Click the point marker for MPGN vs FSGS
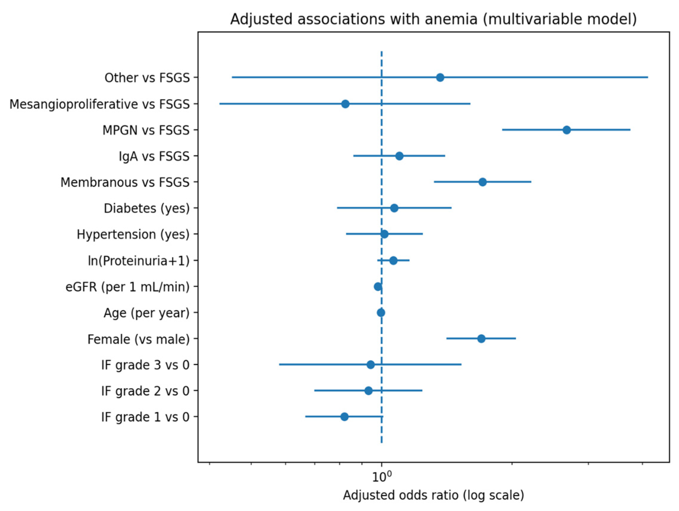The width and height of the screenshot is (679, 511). [567, 130]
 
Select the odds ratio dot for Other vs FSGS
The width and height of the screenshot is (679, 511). [440, 77]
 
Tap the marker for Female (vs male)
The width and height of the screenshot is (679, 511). [481, 338]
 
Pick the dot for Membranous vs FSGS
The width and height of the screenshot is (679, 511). [483, 182]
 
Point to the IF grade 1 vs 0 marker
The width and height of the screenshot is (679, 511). [344, 417]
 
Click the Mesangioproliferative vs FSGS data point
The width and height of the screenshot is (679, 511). [345, 104]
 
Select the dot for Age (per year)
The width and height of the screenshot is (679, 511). [381, 313]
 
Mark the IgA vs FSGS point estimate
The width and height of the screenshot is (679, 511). [399, 156]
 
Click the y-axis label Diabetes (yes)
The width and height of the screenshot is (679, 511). [146, 208]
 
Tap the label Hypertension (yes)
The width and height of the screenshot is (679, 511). [133, 234]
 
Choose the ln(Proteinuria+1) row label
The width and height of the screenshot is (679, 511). [139, 260]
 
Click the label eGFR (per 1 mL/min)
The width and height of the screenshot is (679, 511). [128, 287]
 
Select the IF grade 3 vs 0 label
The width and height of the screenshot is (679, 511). [145, 365]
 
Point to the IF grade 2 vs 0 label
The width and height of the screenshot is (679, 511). [145, 391]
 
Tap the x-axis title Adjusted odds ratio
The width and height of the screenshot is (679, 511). [433, 495]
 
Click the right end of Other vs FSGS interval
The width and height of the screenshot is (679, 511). [647, 77]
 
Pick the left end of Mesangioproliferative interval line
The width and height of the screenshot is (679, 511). [220, 104]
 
